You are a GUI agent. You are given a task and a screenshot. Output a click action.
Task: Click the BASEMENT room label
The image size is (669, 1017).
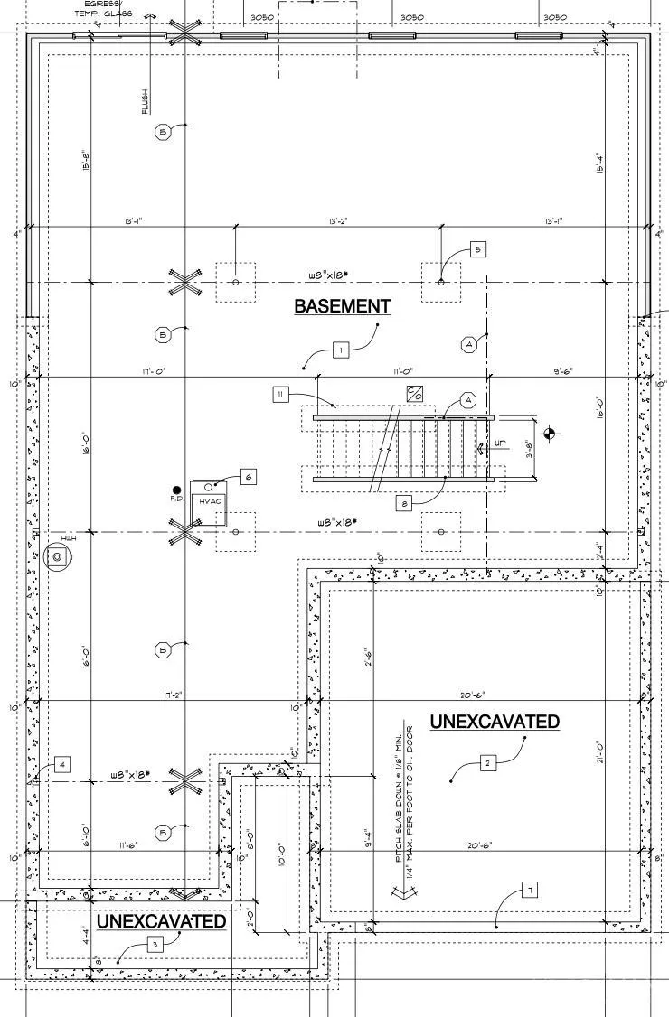pos(342,306)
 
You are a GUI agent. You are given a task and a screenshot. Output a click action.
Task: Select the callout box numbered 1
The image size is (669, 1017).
pos(340,350)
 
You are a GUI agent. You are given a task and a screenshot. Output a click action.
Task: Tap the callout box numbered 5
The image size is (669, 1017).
pos(479,249)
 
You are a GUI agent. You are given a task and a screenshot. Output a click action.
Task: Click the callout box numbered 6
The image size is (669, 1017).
pos(249,476)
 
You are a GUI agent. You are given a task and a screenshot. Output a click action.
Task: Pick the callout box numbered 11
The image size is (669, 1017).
pos(281,395)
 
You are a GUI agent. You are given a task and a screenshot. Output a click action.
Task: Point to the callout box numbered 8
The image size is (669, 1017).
pos(406,504)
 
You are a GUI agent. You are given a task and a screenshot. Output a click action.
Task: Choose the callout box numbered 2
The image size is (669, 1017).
pos(487,763)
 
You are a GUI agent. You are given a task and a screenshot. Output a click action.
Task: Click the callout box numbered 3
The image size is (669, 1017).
pos(155,944)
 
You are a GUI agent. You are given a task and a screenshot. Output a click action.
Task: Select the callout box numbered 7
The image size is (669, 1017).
pos(529,891)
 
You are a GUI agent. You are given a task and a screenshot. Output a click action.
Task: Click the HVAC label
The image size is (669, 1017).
pos(211,500)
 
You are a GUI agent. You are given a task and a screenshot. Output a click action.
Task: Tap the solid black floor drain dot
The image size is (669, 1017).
pos(177,489)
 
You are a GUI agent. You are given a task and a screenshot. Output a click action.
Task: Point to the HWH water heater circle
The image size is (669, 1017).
pos(57,558)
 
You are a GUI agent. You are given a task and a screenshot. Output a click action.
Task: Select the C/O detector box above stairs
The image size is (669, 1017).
pos(415,395)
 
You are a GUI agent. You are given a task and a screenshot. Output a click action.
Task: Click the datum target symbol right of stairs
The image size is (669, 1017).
pos(552,435)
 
